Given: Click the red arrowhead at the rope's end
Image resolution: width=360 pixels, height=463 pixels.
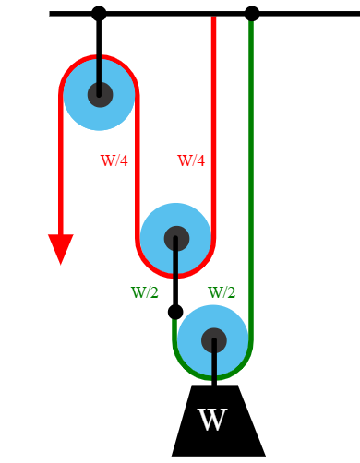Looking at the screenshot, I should [61, 248].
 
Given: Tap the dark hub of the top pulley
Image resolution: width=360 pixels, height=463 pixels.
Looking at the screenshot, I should [100, 95].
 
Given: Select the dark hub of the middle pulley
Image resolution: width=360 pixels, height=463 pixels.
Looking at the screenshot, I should [176, 239].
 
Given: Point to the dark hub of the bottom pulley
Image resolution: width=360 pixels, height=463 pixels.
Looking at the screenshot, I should [214, 340].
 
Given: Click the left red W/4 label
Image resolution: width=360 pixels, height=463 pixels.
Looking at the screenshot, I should [114, 160].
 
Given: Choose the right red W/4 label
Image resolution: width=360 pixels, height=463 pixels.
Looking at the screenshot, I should [191, 160].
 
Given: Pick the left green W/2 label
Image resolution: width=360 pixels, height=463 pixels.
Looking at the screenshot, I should [145, 292].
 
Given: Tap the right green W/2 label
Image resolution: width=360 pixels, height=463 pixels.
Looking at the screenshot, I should [222, 292].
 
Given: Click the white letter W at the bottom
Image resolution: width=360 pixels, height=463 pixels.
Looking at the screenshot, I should [212, 421].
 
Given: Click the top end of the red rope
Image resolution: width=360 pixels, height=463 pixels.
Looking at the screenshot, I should [213, 19].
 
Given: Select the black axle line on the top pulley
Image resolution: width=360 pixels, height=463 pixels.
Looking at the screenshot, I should [99, 69].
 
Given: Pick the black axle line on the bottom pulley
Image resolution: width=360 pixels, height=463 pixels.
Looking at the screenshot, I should [214, 364].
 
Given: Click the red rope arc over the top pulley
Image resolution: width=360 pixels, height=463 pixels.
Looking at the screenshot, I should [99, 57].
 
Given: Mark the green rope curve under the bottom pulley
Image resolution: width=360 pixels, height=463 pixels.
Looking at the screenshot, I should [213, 377].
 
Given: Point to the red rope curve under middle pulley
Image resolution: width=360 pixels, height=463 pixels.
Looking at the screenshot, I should [175, 275].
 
